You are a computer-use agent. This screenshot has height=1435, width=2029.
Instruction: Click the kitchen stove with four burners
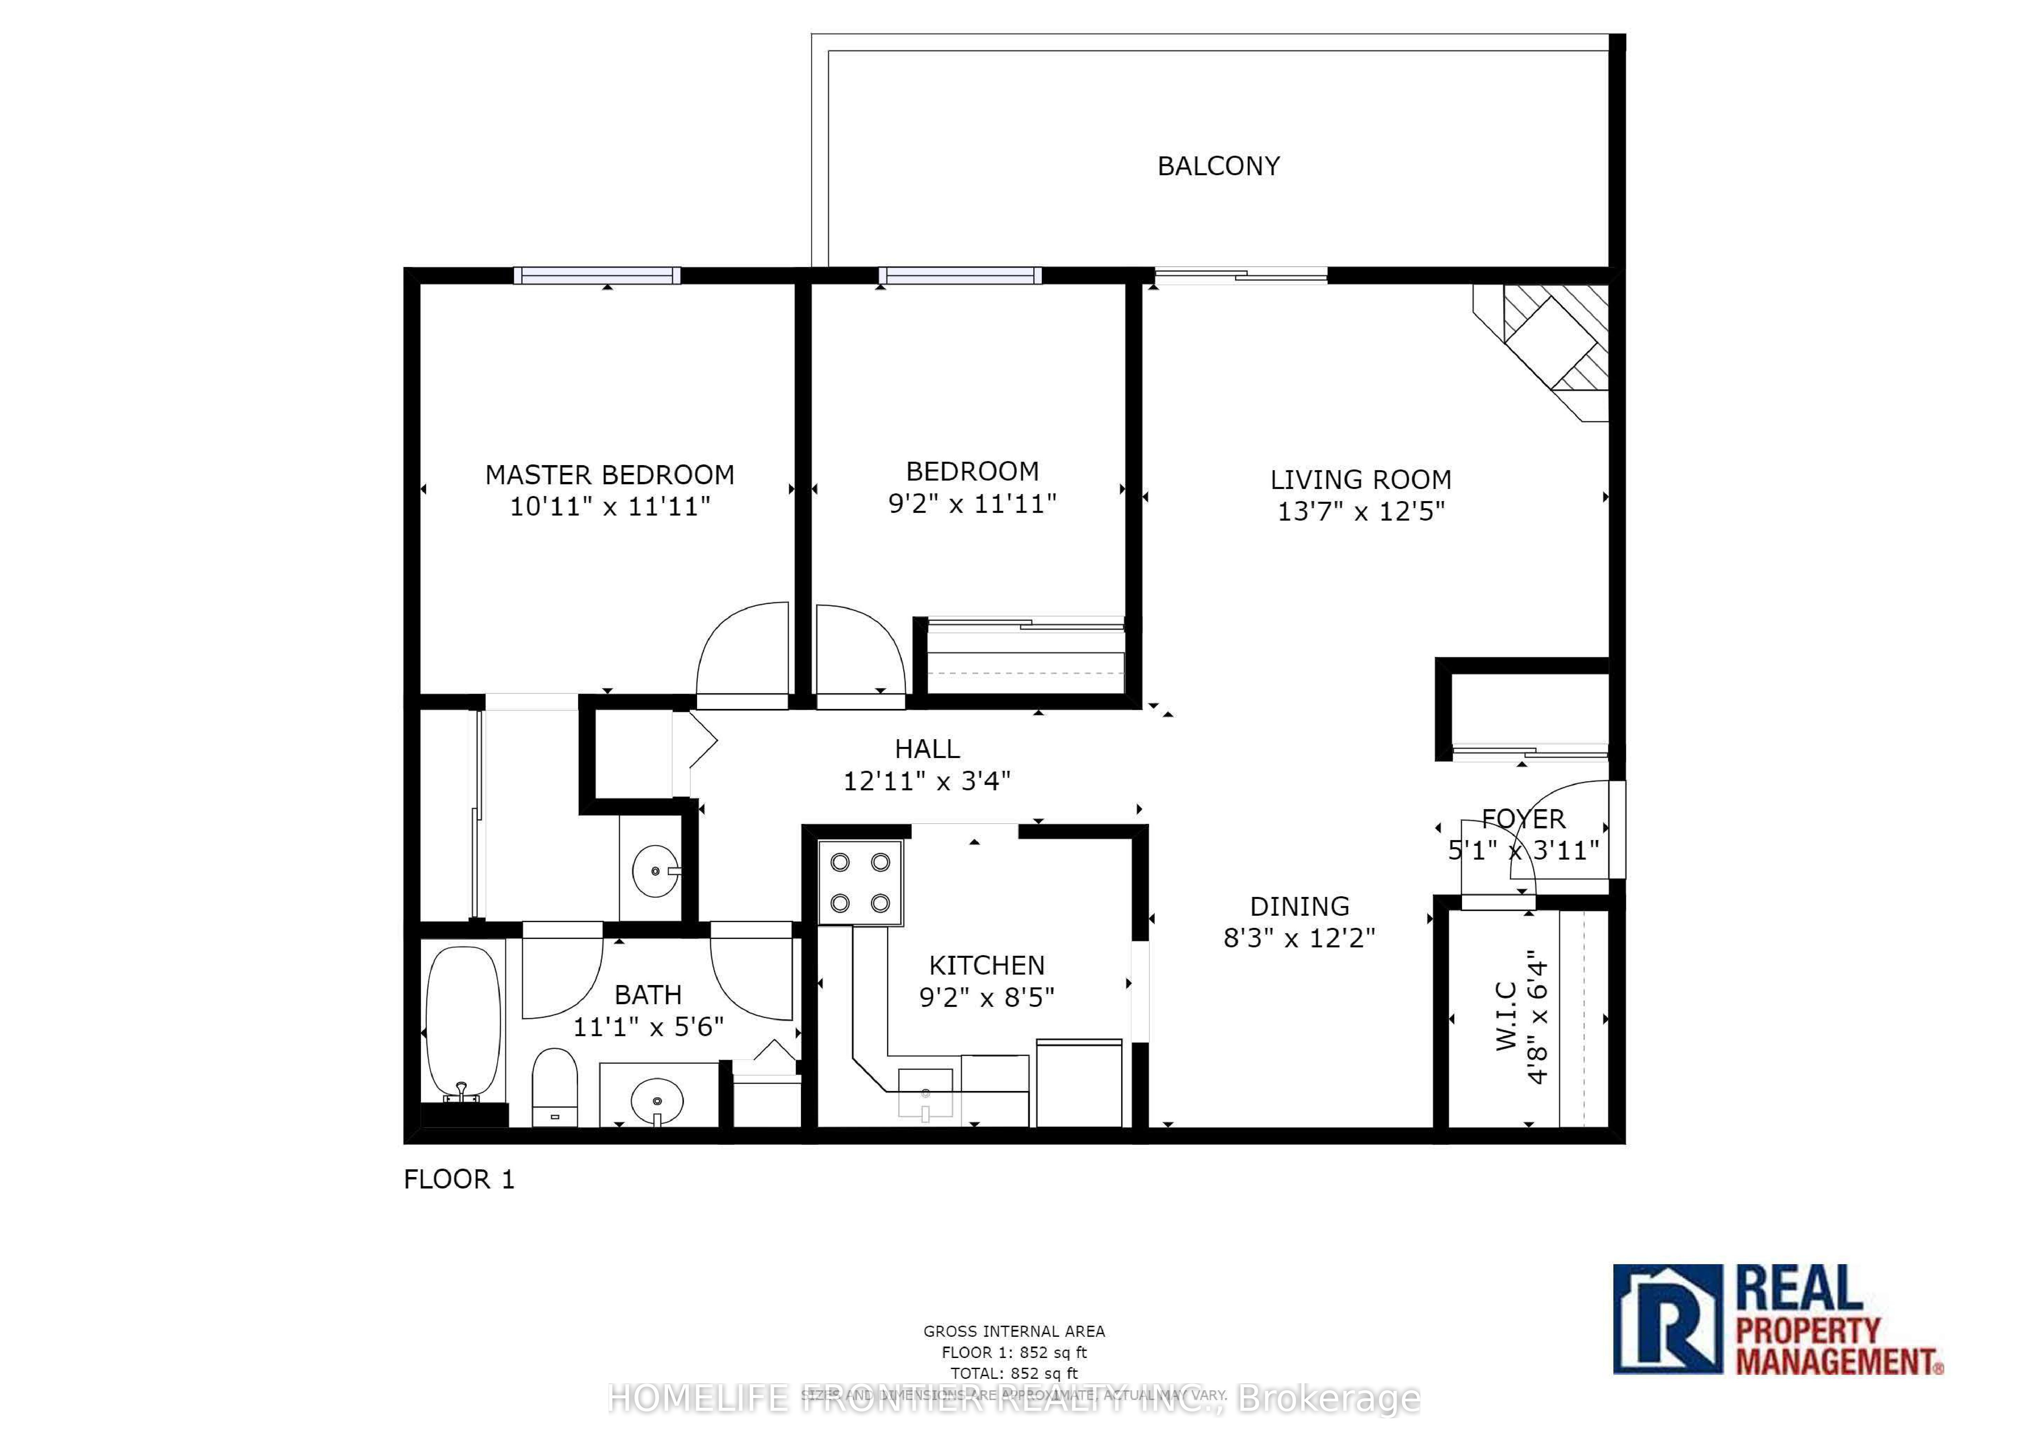coord(860,883)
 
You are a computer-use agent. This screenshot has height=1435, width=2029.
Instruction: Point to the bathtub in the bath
coord(463,1025)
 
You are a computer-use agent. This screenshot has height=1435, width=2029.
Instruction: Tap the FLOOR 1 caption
coord(459,1180)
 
